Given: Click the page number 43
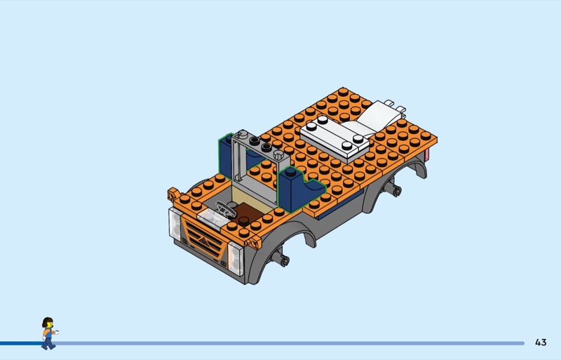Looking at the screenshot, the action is click(x=541, y=342).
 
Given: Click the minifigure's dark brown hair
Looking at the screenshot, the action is click(x=46, y=321).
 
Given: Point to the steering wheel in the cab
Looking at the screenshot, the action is click(x=226, y=209).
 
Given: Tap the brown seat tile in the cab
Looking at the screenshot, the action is click(x=246, y=213).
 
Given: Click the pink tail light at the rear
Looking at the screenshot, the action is click(x=426, y=156).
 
